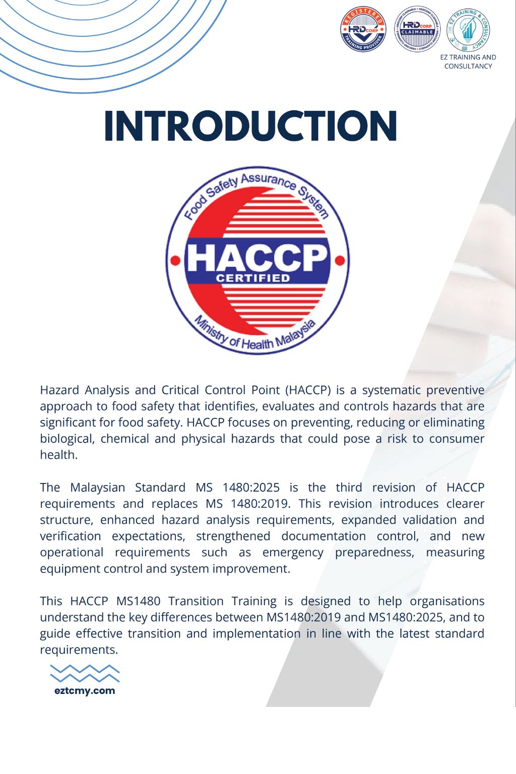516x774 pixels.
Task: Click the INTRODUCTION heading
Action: point(250,126)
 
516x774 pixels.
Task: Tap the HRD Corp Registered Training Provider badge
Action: point(363,29)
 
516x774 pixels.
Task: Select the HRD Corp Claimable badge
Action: point(417,29)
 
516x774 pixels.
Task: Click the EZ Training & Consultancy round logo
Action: point(468,29)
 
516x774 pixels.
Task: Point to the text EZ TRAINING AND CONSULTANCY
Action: point(468,61)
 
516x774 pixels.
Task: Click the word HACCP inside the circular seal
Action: point(257,257)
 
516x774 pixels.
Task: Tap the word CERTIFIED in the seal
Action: point(253,278)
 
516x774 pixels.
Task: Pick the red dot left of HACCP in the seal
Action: point(175,261)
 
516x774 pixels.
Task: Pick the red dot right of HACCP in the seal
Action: point(340,261)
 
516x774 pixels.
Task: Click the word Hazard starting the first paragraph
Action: point(59,390)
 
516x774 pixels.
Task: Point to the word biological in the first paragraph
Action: point(67,438)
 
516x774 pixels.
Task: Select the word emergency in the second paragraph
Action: point(293,552)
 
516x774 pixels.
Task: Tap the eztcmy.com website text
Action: point(85,691)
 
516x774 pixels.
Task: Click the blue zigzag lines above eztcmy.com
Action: point(85,674)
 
